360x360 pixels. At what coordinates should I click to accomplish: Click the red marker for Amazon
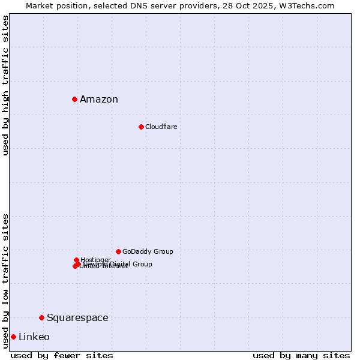74,99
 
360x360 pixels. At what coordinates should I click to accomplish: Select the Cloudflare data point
141,127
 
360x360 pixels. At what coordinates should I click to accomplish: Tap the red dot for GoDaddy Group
118,251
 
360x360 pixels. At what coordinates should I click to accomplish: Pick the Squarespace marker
41,317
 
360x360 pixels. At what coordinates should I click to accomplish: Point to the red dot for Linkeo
13,337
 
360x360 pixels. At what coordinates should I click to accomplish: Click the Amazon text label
99,100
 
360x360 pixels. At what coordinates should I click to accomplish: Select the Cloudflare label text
161,127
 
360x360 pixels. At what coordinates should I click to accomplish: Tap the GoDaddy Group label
148,251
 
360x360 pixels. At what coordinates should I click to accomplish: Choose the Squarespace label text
77,318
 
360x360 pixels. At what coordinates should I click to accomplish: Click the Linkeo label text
34,337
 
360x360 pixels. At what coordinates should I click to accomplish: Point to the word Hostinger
96,260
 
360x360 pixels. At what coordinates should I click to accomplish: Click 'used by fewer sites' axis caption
62,355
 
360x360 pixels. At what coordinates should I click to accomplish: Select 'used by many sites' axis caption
301,355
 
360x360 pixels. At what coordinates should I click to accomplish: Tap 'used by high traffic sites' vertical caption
5,85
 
